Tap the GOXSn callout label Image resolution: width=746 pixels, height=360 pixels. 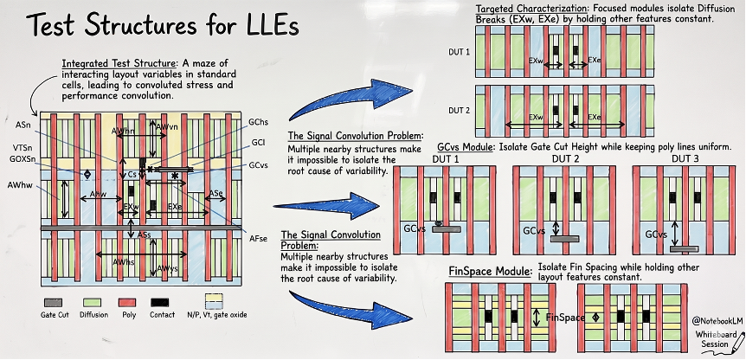23,159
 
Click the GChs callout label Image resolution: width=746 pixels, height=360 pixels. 258,124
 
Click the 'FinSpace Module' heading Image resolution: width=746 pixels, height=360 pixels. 489,271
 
